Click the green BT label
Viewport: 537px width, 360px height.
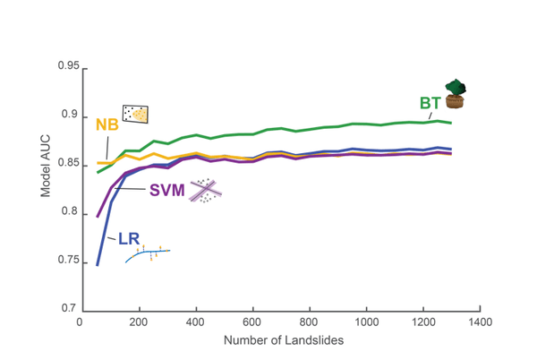[430, 102]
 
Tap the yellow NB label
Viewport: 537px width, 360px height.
[107, 124]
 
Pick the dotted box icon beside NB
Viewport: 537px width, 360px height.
[135, 114]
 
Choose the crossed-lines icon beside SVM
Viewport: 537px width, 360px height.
[204, 190]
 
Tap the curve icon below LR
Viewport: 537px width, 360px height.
[148, 253]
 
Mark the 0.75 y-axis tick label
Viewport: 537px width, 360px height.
[67, 260]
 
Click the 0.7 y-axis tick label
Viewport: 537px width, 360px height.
[70, 307]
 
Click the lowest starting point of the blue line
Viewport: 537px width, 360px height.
[98, 265]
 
